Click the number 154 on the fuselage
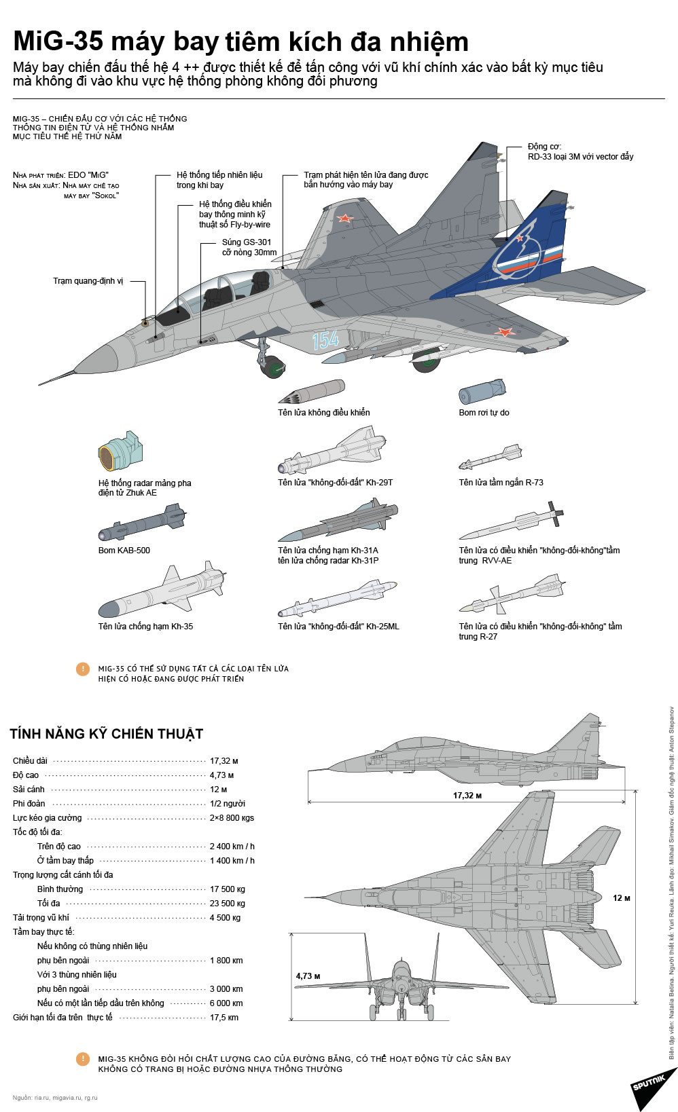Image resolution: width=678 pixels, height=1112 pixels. click(x=325, y=339)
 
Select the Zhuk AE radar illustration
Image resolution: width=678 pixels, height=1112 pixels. click(x=120, y=451)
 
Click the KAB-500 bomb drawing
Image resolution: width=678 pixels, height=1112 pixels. click(x=141, y=523)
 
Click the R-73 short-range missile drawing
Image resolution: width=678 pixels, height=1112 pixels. click(x=490, y=457)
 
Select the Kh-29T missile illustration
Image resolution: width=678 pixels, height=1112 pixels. click(x=335, y=450)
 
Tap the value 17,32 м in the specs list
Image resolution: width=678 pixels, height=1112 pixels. click(x=224, y=761)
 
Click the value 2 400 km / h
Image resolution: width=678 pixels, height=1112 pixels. click(x=232, y=847)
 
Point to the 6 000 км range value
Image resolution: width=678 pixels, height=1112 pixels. click(x=226, y=1003)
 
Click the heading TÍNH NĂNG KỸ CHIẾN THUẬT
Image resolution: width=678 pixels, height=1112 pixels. click(x=107, y=734)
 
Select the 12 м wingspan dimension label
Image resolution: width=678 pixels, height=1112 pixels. click(x=621, y=897)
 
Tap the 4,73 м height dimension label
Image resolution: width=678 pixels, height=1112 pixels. click(x=308, y=976)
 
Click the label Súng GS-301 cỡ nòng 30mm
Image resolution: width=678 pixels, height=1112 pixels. click(x=249, y=247)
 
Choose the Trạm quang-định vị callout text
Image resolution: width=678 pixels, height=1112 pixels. click(x=88, y=281)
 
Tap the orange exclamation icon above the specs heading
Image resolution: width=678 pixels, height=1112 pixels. click(x=83, y=669)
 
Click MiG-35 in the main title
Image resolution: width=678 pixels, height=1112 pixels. click(x=58, y=42)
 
